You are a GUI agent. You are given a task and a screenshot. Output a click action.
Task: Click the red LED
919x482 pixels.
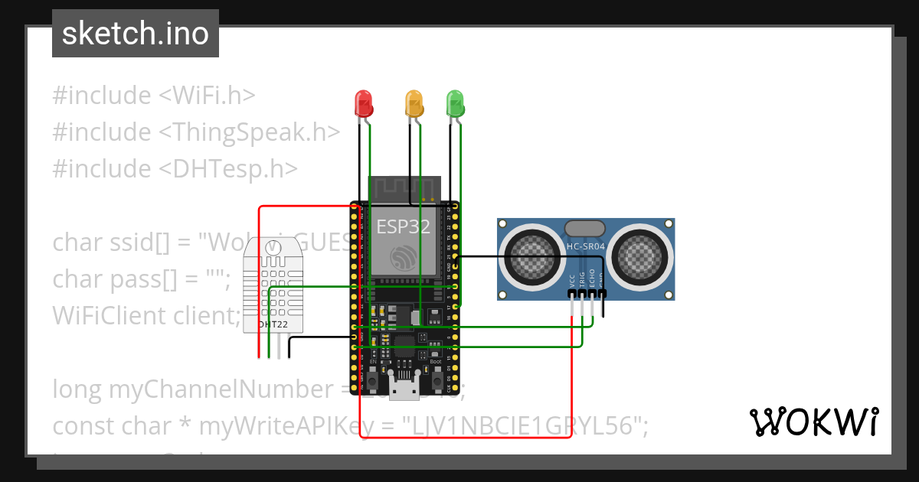pyautogui.click(x=362, y=103)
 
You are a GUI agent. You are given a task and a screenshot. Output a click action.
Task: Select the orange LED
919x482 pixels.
pyautogui.click(x=414, y=103)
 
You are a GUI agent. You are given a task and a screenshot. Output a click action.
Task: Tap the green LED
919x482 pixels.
pyautogui.click(x=456, y=103)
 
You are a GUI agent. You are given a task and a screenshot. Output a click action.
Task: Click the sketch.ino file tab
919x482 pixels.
pyautogui.click(x=136, y=34)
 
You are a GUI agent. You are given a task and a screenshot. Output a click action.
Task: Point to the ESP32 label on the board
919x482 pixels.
pyautogui.click(x=403, y=227)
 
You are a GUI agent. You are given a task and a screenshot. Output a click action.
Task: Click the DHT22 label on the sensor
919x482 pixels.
pyautogui.click(x=273, y=324)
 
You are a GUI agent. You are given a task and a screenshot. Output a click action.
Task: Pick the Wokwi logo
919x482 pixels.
pyautogui.click(x=813, y=422)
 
